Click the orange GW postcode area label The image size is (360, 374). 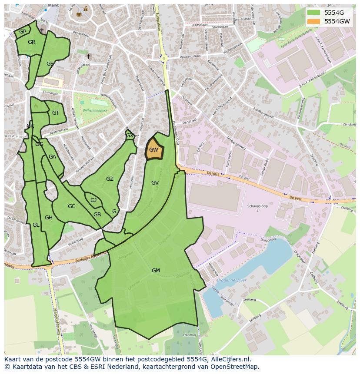pos(153,150)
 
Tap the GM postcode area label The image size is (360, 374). pos(156,271)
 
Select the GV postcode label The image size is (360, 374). pos(155,183)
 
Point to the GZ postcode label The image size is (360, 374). pos(110,179)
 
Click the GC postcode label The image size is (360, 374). pos(72,206)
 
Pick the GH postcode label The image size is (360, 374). pos(49,218)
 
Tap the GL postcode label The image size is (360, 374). pos(36,225)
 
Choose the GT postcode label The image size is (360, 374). pos(56,113)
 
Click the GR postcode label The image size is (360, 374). pos(31,42)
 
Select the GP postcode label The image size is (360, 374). pos(23,32)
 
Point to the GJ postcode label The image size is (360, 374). pos(93,200)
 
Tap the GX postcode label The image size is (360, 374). pos(130,136)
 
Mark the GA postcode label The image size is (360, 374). pos(52,157)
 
